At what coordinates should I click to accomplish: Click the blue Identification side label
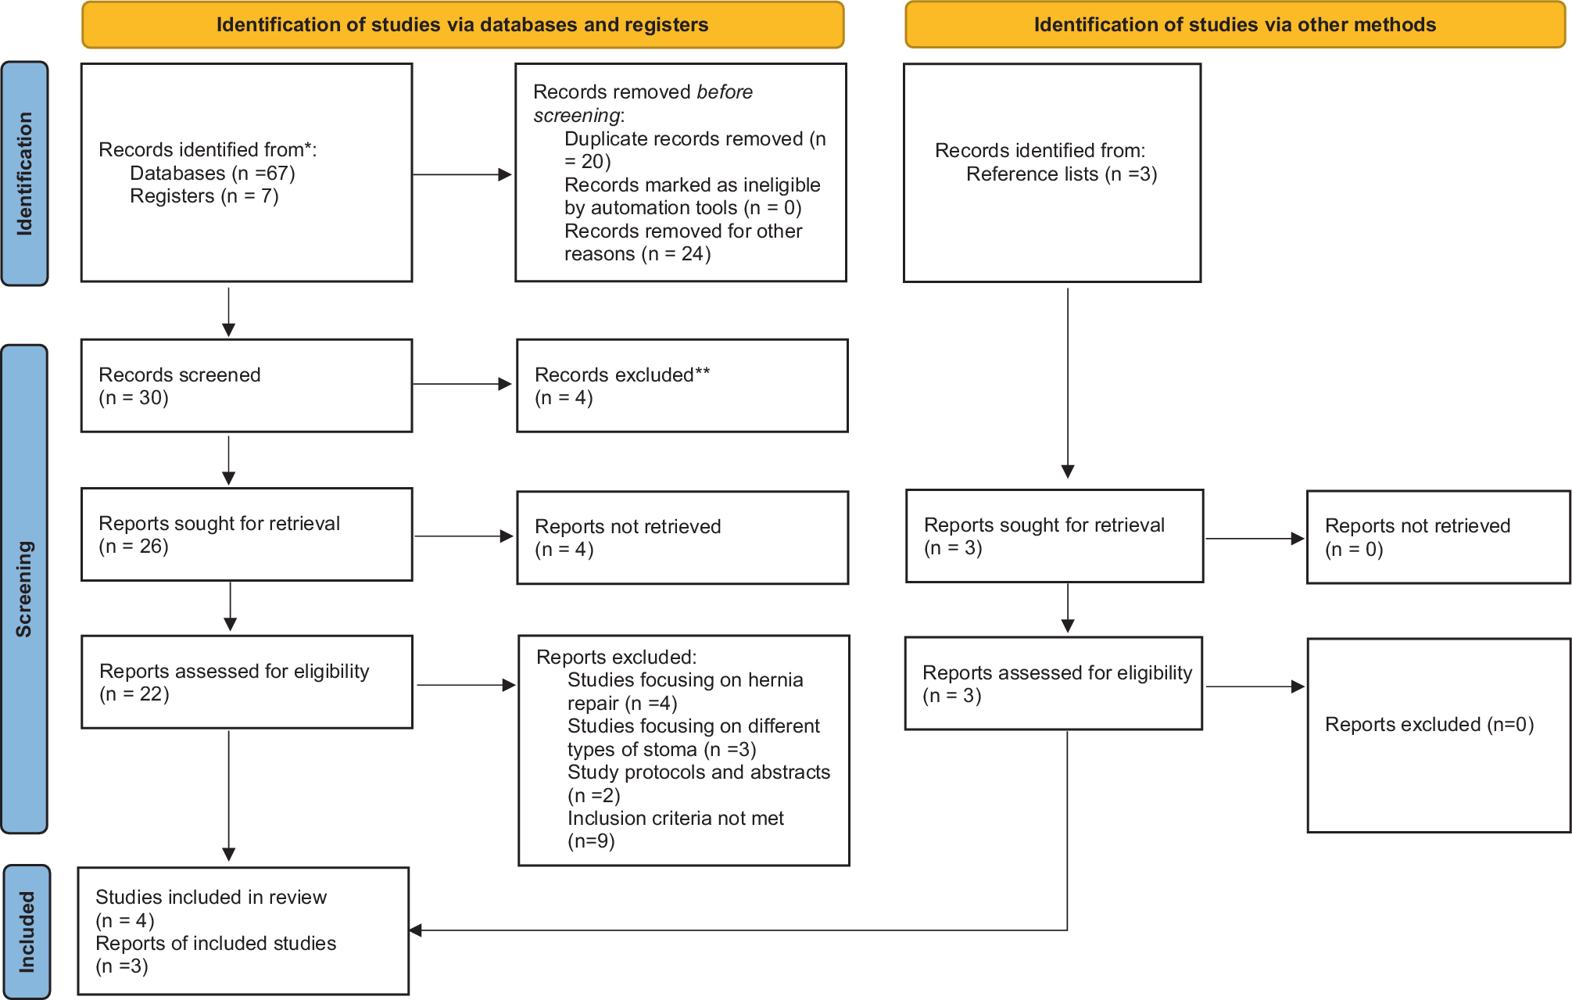point(25,174)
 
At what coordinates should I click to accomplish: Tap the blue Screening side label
point(24,589)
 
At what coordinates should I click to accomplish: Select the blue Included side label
point(27,931)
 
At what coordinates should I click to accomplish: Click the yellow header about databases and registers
point(463,25)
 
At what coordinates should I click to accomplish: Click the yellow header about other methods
point(1234,25)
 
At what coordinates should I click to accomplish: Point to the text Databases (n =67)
point(213,173)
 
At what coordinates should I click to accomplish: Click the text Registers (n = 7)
point(204,196)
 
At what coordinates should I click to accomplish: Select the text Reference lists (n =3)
point(1061,174)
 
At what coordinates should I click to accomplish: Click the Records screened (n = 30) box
point(246,385)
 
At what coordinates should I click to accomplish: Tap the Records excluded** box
point(682,385)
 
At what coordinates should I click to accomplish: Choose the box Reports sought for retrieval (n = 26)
point(246,535)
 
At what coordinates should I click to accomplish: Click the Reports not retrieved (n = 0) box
point(1438,537)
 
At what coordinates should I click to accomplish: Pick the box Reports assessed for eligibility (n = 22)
point(246,682)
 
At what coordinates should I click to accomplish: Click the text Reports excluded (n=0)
point(1429,725)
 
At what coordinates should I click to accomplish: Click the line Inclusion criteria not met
point(675,819)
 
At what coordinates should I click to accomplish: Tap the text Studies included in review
point(211,898)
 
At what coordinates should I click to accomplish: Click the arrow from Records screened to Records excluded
point(461,384)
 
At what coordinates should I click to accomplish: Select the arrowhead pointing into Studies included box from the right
point(416,930)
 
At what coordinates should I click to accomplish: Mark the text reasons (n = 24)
point(637,254)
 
